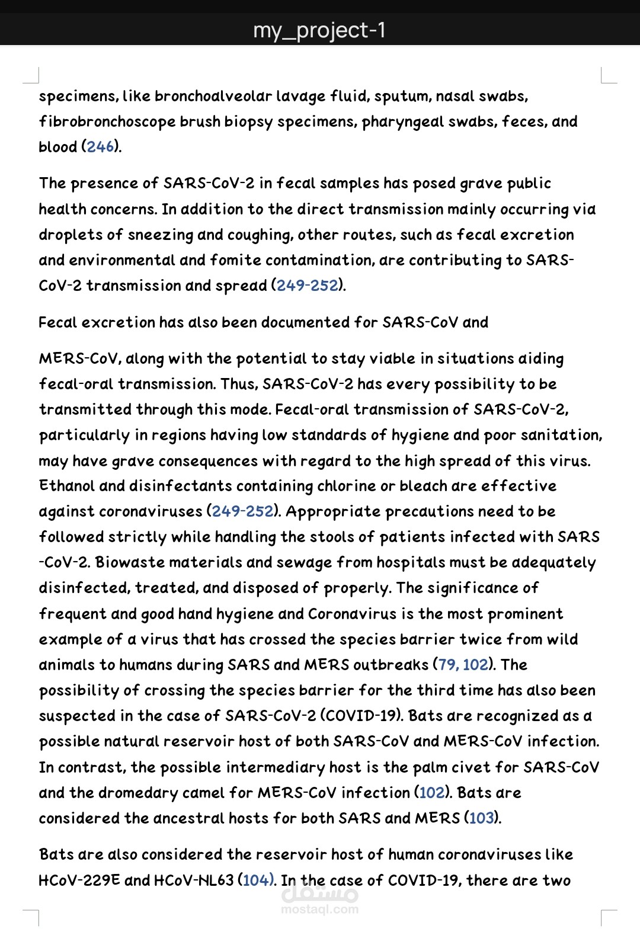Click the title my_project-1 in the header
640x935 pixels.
click(319, 30)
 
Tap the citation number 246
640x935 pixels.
click(101, 146)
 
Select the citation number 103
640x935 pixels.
click(481, 818)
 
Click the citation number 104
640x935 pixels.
click(256, 880)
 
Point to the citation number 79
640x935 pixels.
click(447, 665)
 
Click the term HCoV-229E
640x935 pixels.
click(79, 880)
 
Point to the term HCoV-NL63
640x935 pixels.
click(194, 880)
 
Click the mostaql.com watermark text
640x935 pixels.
click(319, 909)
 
